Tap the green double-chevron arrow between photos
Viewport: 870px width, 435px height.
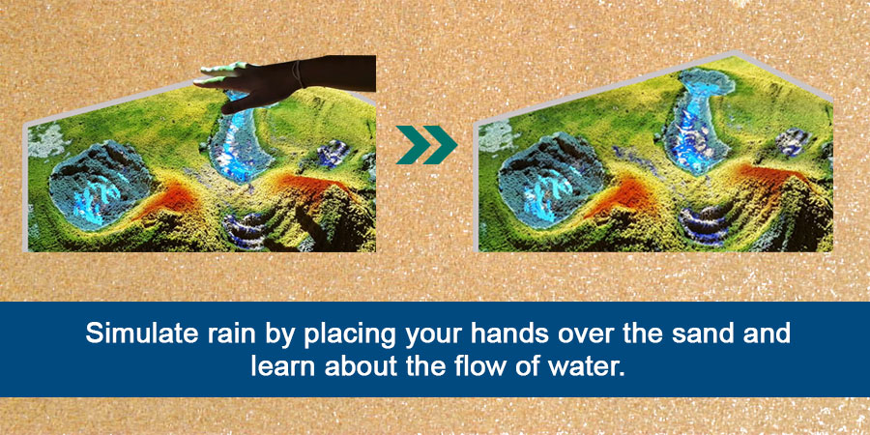click(426, 145)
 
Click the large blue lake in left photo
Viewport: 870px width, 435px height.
click(99, 187)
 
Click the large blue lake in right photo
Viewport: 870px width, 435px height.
click(548, 179)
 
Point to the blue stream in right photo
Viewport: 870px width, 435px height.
click(696, 119)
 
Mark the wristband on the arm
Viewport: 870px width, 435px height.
click(300, 73)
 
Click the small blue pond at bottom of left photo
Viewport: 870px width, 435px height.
click(246, 228)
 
